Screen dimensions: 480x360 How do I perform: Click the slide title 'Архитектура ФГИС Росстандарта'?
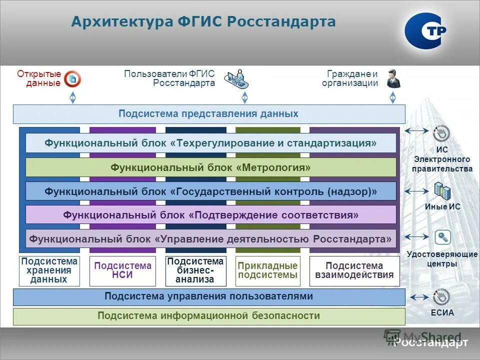point(203,22)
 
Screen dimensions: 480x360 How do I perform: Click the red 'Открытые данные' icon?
point(73,78)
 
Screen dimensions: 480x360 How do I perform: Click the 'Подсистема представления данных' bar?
point(208,114)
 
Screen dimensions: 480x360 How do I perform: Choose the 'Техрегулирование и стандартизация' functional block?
point(210,143)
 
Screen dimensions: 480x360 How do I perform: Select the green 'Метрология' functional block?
point(210,167)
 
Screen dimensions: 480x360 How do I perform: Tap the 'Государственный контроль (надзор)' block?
point(210,191)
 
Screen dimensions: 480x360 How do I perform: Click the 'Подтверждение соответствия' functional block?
point(210,215)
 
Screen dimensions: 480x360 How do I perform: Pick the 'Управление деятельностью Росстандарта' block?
point(210,239)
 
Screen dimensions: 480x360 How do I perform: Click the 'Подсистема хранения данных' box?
point(49,271)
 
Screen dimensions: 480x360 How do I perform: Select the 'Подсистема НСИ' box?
point(122,271)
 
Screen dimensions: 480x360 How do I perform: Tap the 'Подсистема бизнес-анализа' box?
point(195,271)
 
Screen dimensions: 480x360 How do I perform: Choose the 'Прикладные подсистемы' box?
point(267,271)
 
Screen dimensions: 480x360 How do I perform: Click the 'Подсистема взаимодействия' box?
point(354,271)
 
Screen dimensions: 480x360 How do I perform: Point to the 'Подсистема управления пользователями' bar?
point(208,296)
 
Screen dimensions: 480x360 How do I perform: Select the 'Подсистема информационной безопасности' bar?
point(208,316)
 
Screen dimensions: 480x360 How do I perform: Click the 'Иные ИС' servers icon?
point(442,190)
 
